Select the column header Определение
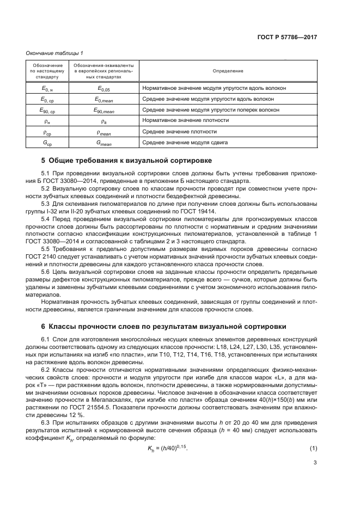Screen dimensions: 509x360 coord(228,71)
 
